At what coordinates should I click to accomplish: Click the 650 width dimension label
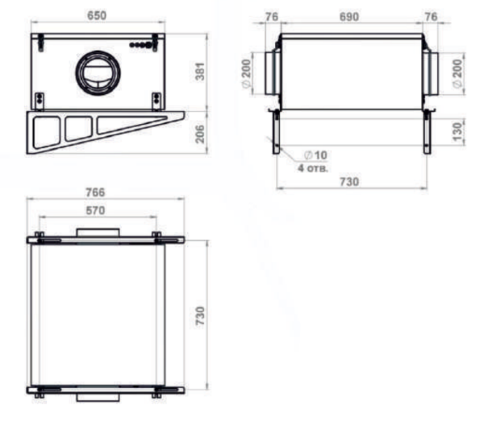pos(97,15)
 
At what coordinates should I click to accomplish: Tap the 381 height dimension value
pos(200,72)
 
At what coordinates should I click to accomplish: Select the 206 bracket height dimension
pos(200,134)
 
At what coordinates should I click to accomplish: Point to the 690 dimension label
pos(349,17)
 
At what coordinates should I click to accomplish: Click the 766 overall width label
pos(95,192)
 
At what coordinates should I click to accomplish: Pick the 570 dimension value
pos(95,210)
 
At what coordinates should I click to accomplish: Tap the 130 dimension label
pos(458,131)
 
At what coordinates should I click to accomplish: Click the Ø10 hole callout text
pos(315,155)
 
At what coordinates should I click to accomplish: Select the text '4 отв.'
pos(313,168)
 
